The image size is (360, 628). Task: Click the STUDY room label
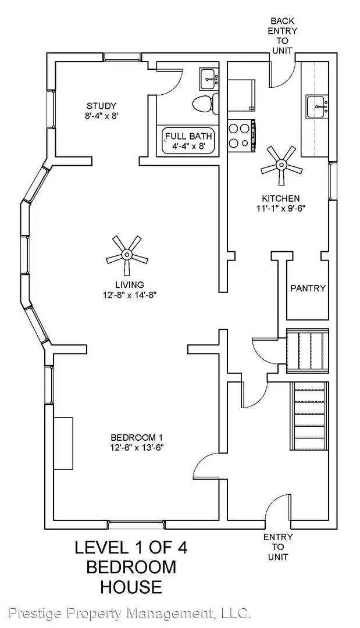point(102,106)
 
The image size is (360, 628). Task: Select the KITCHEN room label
point(280,198)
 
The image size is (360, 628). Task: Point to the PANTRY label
point(308,288)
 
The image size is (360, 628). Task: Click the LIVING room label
point(129,284)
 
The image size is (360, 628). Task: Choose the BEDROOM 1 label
point(137,437)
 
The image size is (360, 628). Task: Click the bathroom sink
point(209,78)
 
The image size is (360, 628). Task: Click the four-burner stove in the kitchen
point(241,135)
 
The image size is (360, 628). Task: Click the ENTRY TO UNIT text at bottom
point(278,547)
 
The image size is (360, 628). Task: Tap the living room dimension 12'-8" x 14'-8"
point(129,295)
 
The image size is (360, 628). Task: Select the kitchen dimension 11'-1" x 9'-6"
point(280,208)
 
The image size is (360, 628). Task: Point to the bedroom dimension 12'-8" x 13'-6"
point(137,448)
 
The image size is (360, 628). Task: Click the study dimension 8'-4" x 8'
point(102,116)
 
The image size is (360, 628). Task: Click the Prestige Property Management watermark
point(130,613)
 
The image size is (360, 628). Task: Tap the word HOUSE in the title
point(131,586)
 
